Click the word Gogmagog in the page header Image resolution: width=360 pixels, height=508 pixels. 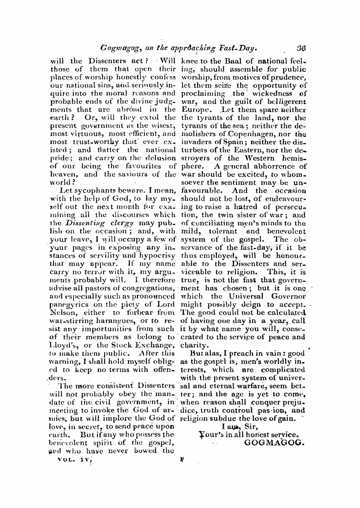click(117, 48)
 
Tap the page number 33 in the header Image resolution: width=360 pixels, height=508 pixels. click(301, 48)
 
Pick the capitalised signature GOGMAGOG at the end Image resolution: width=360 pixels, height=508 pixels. click(274, 443)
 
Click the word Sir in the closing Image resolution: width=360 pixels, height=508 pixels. click(250, 427)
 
